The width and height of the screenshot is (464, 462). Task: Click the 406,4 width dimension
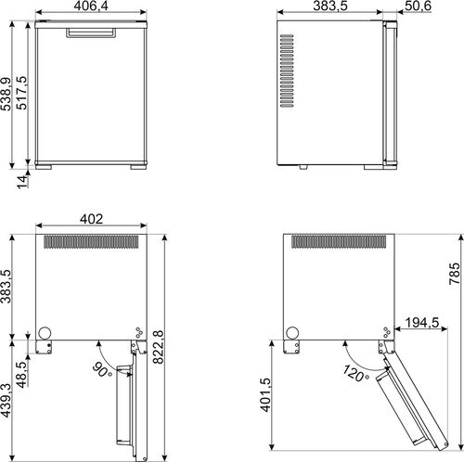tap(91, 6)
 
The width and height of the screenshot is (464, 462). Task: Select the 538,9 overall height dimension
tap(6, 94)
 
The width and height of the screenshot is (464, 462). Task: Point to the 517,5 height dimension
tap(21, 93)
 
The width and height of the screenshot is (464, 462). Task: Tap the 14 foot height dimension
tap(22, 182)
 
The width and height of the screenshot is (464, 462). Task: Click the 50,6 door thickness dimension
tap(418, 6)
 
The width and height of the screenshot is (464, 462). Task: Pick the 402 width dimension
tap(91, 219)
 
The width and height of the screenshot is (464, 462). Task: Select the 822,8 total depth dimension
tap(159, 347)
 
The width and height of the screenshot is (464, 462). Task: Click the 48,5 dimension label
tap(21, 375)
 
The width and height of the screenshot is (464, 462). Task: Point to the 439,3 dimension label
tap(6, 401)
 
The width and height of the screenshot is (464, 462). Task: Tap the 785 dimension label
tap(455, 274)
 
